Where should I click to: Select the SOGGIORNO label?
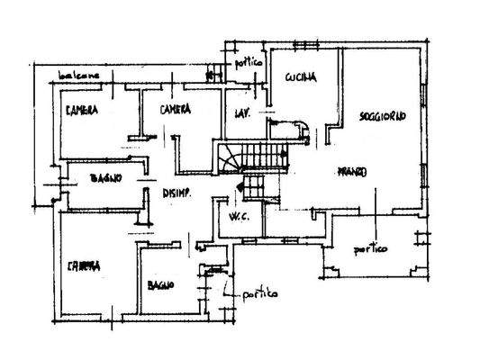tap(382, 116)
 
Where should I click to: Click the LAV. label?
tap(241, 113)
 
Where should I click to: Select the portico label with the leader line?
tap(258, 295)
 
